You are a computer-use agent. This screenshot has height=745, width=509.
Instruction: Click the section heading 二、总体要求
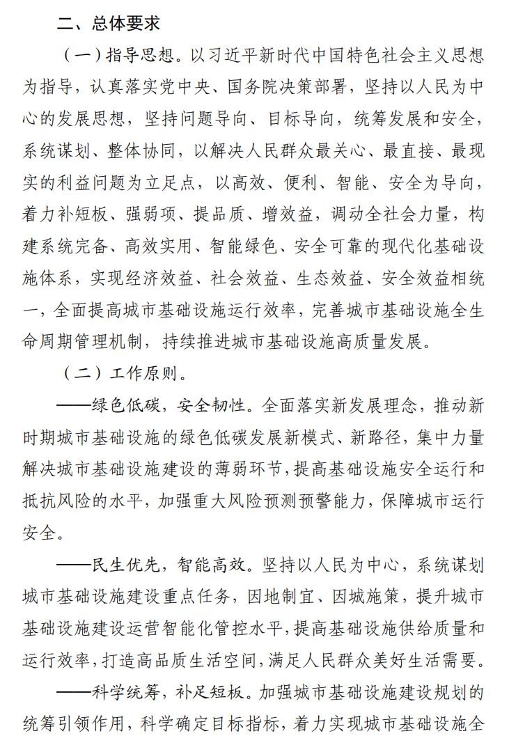(x=109, y=23)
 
